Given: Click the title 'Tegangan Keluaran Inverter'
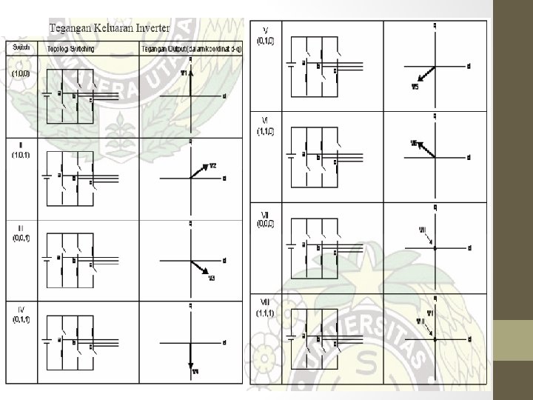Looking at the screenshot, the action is click(x=109, y=28).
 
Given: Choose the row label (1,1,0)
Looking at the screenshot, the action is click(x=264, y=129).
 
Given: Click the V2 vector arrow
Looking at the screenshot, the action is click(x=199, y=170).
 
